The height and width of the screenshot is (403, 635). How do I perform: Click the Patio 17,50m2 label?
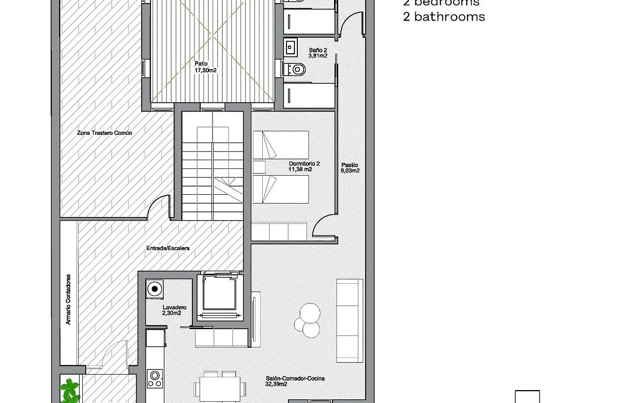tap(205, 67)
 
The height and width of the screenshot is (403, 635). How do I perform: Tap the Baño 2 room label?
tap(318, 53)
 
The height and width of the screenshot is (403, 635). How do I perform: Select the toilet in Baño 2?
tap(297, 68)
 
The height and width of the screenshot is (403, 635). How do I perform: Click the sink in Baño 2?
tap(290, 48)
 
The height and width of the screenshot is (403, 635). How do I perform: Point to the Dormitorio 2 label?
tap(304, 166)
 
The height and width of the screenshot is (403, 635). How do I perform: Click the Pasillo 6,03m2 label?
tap(350, 167)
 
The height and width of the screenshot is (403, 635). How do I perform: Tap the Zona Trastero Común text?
tap(104, 133)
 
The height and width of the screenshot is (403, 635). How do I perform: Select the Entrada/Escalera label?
tap(168, 249)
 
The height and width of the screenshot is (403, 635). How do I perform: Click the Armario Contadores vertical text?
tap(68, 300)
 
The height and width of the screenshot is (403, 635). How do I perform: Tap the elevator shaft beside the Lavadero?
tap(220, 298)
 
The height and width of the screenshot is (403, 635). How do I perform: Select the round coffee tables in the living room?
tap(308, 318)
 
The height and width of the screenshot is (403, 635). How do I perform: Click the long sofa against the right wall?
tap(350, 320)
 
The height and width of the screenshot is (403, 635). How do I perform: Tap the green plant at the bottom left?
tap(69, 390)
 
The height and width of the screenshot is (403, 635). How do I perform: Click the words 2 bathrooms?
tap(444, 17)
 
